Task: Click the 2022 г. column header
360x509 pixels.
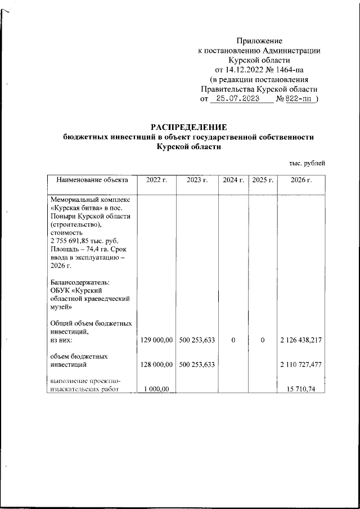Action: [157, 180]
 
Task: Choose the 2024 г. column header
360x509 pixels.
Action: [233, 180]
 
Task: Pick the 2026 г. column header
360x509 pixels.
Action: [301, 180]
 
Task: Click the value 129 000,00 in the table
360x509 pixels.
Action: [157, 340]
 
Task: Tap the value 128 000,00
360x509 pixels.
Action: [157, 365]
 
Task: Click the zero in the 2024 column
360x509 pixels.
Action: [233, 340]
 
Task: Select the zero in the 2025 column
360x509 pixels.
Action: [262, 340]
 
